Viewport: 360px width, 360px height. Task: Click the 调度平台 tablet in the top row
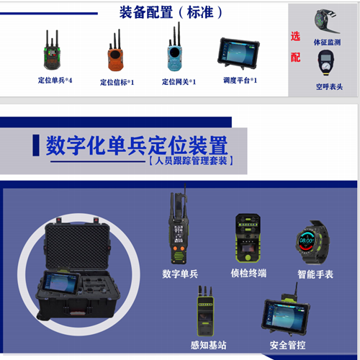click(x=241, y=53)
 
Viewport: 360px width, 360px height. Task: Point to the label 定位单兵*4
click(x=55, y=81)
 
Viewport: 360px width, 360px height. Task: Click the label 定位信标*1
click(x=117, y=81)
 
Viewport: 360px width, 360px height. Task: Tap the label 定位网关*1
click(x=179, y=81)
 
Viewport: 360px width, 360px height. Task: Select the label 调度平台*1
click(x=241, y=81)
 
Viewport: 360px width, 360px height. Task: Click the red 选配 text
click(x=295, y=48)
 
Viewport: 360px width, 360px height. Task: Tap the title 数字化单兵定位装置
click(x=136, y=145)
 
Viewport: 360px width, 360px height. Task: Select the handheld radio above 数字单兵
click(x=178, y=230)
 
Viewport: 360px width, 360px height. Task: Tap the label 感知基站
click(x=204, y=344)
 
